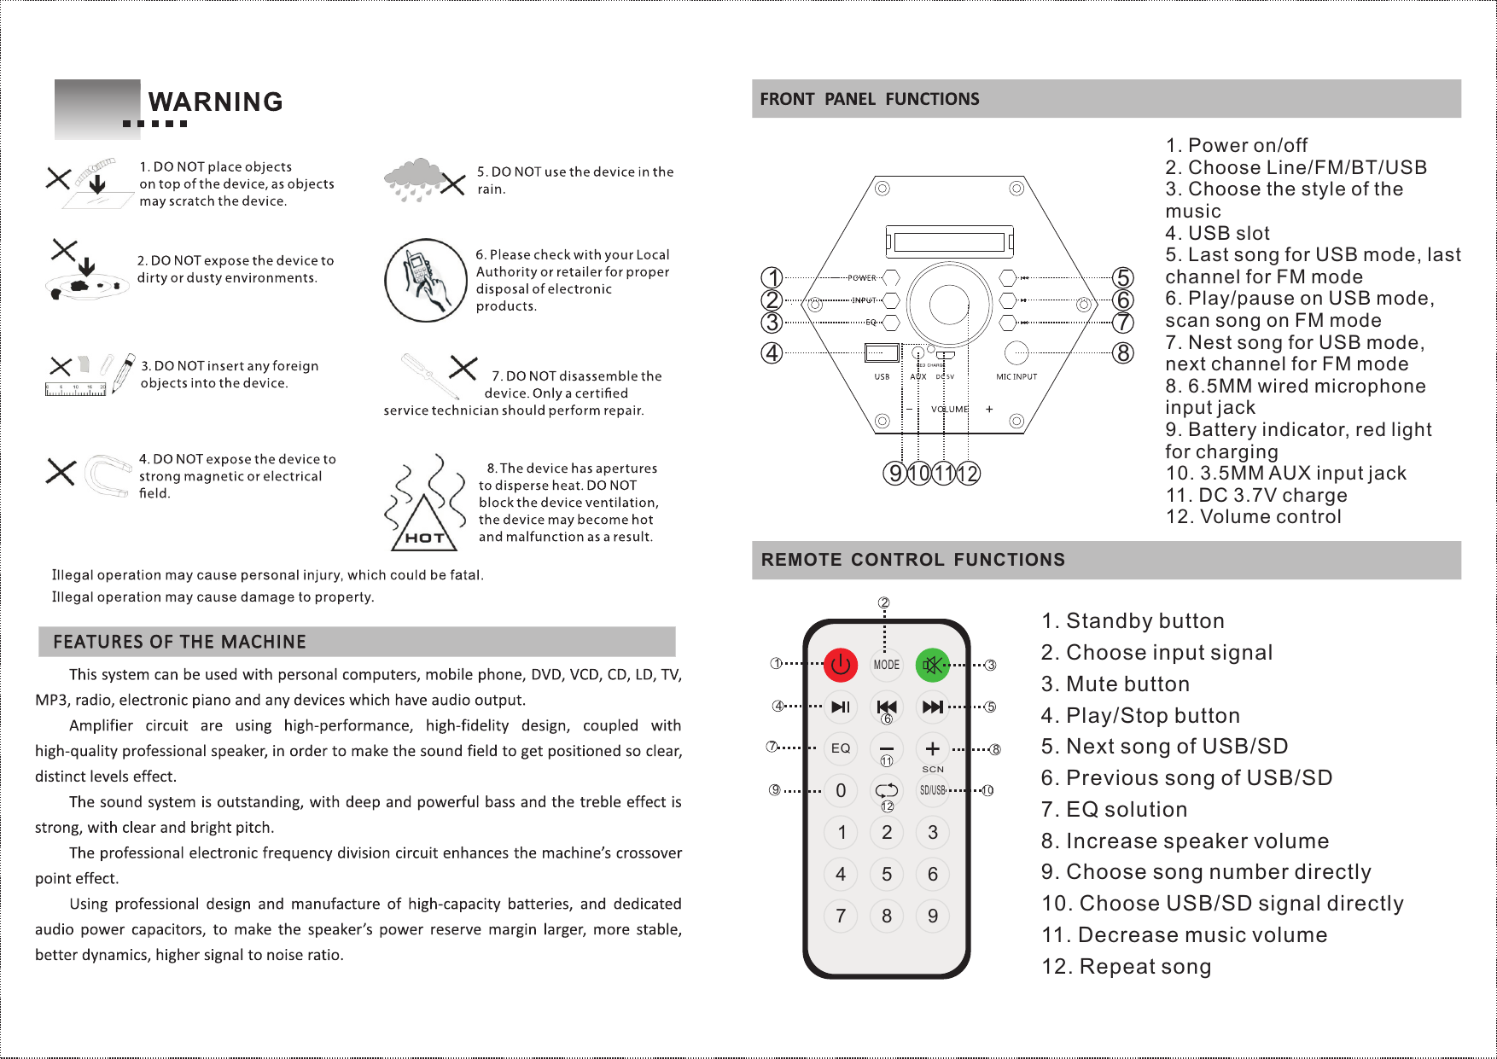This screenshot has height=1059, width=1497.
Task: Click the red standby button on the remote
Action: (841, 665)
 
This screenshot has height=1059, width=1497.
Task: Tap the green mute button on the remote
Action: (933, 665)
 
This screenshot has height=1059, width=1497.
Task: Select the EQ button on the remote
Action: (841, 748)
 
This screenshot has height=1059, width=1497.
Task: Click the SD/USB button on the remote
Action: (933, 790)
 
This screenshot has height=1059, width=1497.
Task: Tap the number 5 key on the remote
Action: (887, 874)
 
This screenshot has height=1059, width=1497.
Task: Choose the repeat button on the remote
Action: (887, 790)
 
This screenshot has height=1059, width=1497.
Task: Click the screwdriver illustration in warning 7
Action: (430, 376)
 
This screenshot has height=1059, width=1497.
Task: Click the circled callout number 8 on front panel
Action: (1123, 352)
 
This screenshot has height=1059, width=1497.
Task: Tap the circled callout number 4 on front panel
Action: (772, 352)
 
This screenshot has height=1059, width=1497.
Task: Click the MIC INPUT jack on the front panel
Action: (1016, 352)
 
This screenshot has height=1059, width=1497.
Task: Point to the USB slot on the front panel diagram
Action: (882, 352)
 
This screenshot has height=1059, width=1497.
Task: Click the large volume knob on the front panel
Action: (949, 303)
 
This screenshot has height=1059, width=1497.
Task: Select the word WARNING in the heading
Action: (215, 102)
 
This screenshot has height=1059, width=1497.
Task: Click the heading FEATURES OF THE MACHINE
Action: (179, 642)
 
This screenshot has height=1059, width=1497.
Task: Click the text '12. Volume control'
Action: (1253, 516)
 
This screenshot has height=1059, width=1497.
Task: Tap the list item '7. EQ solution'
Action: (1114, 809)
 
